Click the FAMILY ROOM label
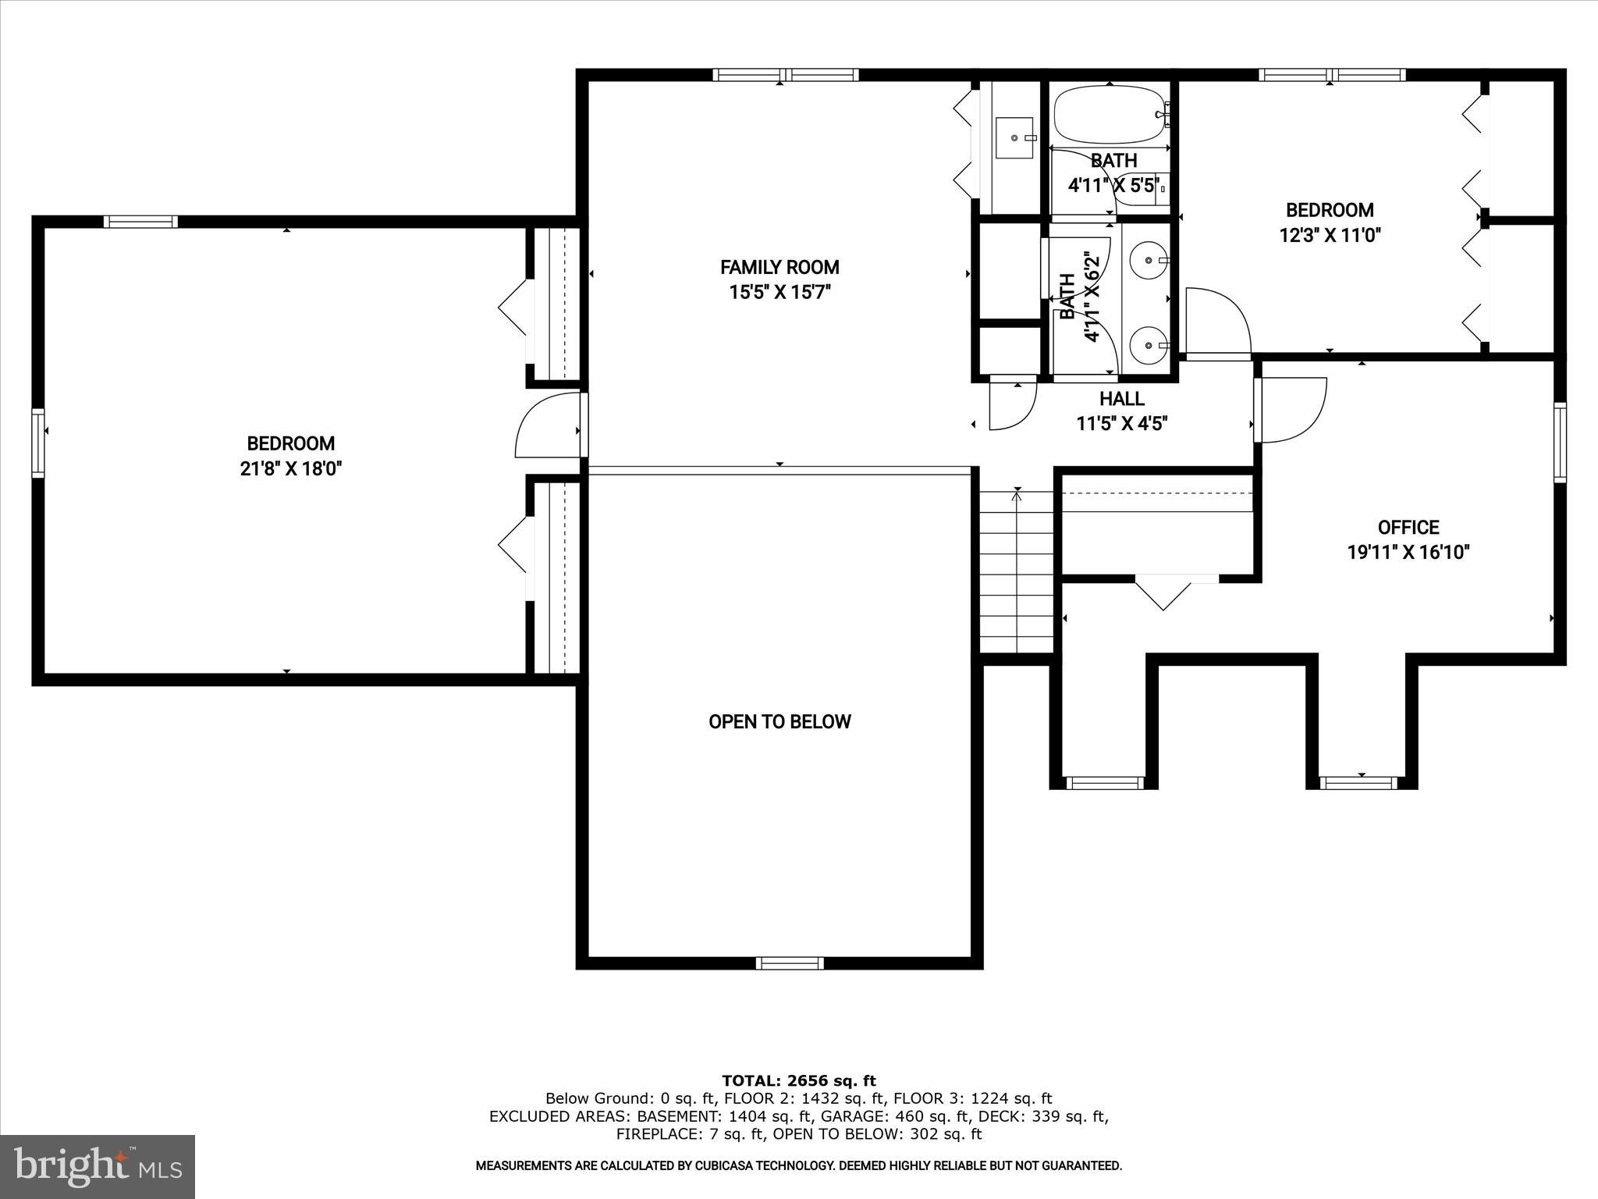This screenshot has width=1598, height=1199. point(779,267)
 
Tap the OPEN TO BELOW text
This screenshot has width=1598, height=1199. point(779,721)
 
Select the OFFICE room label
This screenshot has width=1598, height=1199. point(1408,527)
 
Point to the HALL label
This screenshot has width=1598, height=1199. point(1121,399)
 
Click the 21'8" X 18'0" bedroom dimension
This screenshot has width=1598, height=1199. point(291,468)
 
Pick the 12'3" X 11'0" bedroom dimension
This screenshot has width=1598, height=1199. point(1330,235)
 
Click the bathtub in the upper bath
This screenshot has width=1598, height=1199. point(1109,114)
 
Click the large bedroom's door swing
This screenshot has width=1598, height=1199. point(546,427)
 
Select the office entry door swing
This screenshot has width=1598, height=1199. point(1290,409)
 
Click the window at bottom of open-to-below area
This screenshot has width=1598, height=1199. point(790,962)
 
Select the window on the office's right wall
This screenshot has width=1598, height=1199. point(1559,443)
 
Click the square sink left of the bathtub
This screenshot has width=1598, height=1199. point(1014,138)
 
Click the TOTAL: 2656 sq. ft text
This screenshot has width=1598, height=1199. point(798,1080)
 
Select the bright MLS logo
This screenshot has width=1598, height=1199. point(98,1166)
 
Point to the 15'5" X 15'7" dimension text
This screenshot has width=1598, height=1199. point(779,293)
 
